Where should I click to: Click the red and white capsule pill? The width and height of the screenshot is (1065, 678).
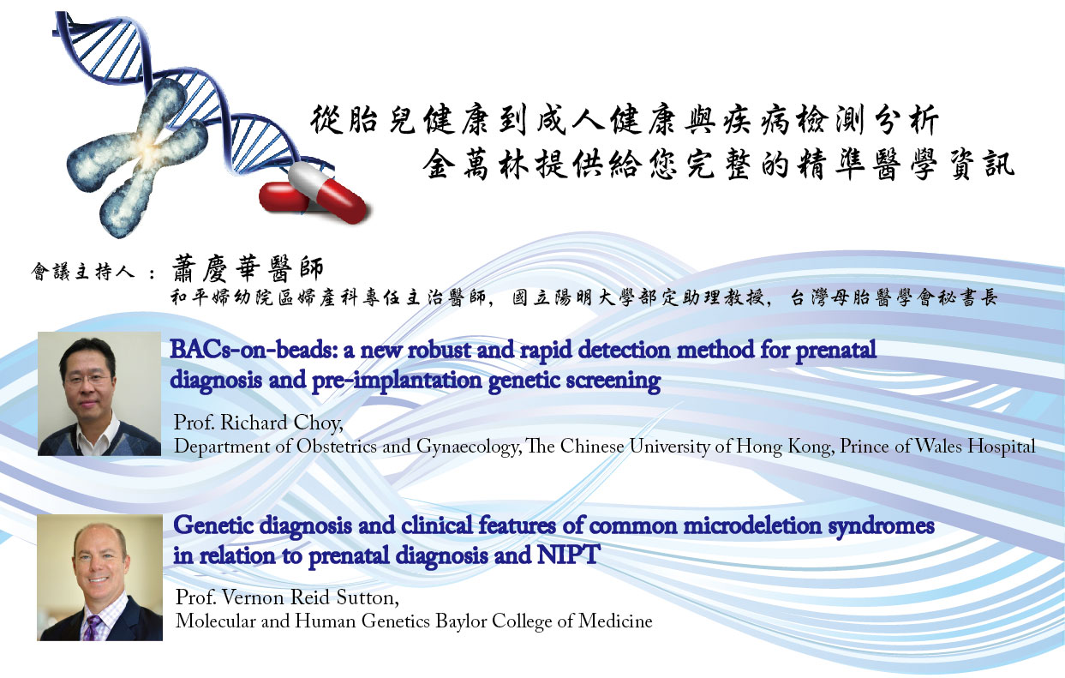[x=314, y=191]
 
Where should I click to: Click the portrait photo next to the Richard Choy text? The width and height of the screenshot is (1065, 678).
[x=99, y=393]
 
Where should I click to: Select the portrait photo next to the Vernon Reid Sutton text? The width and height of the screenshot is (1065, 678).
[x=100, y=578]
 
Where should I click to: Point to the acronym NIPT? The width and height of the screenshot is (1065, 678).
[x=569, y=555]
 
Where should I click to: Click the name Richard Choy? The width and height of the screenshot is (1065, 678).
[x=281, y=422]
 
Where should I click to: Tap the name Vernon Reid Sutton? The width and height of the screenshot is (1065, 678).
[x=310, y=597]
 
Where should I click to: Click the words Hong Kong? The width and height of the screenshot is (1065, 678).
[x=785, y=447]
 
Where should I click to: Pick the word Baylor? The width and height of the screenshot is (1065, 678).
[x=461, y=621]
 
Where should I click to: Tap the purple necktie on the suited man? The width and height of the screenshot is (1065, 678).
[x=92, y=627]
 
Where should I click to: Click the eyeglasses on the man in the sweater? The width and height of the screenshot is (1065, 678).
[x=88, y=379]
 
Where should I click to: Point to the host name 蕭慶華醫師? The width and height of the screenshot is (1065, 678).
[x=248, y=268]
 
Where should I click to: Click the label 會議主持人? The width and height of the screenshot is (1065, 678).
[x=83, y=272]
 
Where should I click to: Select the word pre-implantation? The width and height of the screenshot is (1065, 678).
[x=397, y=381]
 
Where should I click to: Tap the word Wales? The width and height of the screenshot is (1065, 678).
[x=939, y=447]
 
